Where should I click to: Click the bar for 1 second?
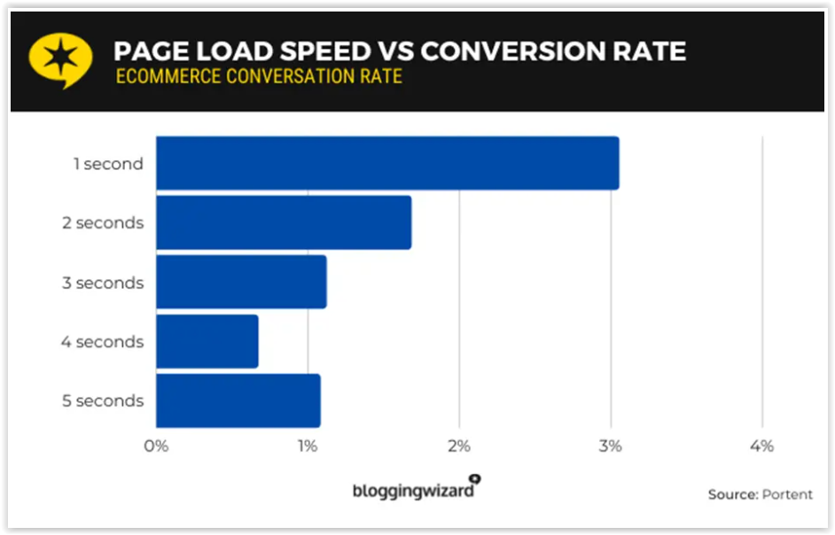(x=387, y=163)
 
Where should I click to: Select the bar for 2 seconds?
(x=284, y=222)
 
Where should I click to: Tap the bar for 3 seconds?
(x=241, y=282)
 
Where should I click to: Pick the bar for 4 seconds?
(x=207, y=341)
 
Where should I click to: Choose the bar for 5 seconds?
(x=238, y=401)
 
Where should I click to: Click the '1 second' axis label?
(x=109, y=164)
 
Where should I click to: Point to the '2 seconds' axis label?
(x=103, y=223)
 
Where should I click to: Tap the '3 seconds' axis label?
(x=103, y=283)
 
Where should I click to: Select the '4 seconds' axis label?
(x=102, y=342)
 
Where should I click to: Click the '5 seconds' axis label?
(x=103, y=401)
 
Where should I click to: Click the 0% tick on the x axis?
(x=156, y=446)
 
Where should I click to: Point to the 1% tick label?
(x=308, y=446)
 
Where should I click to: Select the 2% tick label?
(x=458, y=446)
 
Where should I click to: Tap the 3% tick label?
(x=610, y=446)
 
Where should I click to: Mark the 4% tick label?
(x=762, y=446)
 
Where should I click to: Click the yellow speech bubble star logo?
(x=60, y=59)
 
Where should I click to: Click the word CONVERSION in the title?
(x=512, y=51)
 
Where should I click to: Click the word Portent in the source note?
(x=787, y=494)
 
